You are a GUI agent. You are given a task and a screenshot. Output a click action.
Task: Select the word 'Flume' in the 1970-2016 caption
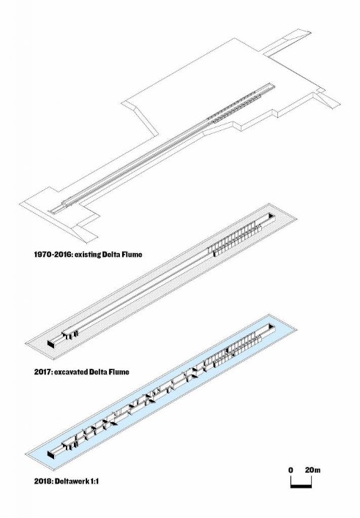[x=132, y=255]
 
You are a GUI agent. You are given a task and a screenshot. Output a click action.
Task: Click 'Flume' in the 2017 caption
[x=119, y=372]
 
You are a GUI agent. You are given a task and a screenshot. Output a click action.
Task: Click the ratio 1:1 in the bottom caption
[x=94, y=481]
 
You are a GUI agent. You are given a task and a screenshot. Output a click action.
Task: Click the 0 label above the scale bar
[x=290, y=470]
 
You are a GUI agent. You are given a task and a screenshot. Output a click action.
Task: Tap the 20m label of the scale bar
[x=312, y=470]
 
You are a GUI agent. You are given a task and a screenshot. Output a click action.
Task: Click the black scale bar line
[x=301, y=486]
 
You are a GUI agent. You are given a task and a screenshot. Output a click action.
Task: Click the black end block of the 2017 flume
[x=50, y=344]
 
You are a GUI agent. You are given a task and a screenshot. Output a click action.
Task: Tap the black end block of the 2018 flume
[x=50, y=454]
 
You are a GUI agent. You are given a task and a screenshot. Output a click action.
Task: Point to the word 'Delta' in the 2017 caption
[x=98, y=372]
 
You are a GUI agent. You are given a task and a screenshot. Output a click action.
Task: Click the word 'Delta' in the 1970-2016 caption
[x=112, y=255]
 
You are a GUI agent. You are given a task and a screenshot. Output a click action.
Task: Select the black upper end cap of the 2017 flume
[x=271, y=216]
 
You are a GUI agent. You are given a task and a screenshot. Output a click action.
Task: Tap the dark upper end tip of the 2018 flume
[x=271, y=327]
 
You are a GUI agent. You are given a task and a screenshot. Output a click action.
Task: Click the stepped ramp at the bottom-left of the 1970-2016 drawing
[x=85, y=231]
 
